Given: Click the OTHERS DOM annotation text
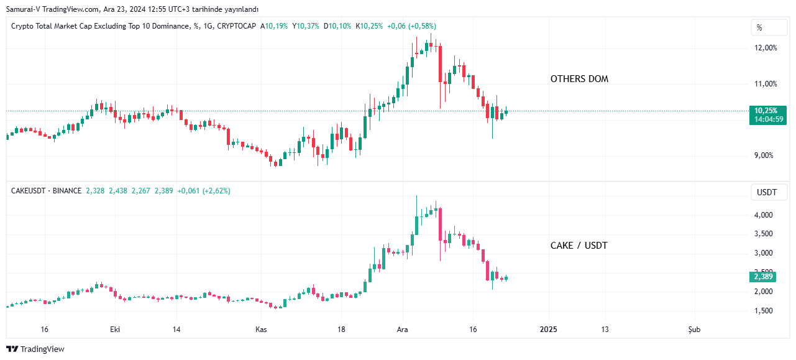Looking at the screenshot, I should pos(579,79).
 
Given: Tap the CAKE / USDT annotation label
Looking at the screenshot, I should pos(579,246).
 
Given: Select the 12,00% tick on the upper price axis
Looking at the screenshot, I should pos(765,48).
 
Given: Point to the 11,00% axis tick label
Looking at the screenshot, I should pos(765,84).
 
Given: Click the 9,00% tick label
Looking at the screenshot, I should pos(764,155).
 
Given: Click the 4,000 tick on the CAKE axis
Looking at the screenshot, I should pos(764,215).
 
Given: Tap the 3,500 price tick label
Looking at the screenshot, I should pos(764,234).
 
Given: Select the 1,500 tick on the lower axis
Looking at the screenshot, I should pos(764,311).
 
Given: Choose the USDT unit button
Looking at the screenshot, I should pos(766,192).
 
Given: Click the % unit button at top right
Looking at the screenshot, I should pos(759,27).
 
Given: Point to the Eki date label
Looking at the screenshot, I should pos(114,330).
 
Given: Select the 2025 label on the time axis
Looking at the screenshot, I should pos(548,330).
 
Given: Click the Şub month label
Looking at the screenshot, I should pos(694,330).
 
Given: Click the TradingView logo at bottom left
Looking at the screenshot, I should pos(35,349).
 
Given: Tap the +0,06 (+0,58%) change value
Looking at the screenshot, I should pos(411,26).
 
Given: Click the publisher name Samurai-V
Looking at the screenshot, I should pos(24,9).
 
